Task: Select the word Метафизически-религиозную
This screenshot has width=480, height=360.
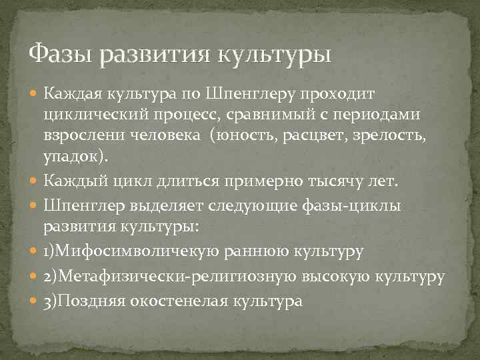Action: point(174,276)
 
